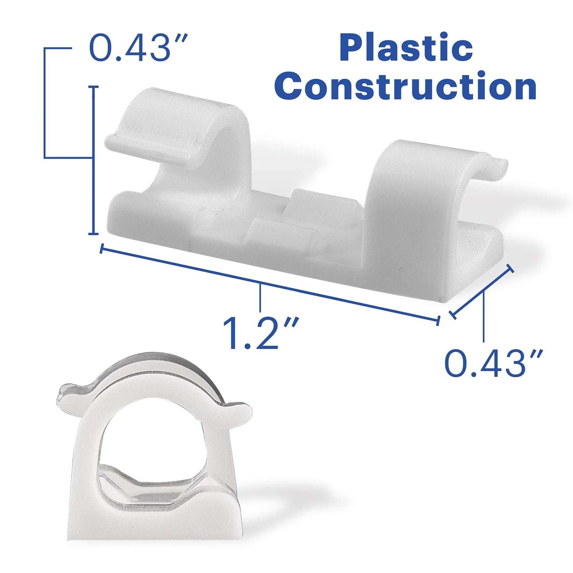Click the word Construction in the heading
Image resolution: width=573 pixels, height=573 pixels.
405,86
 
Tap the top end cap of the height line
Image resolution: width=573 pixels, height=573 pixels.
94,86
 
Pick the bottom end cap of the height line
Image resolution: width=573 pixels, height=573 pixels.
94,234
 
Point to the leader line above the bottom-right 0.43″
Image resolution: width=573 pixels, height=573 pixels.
483,317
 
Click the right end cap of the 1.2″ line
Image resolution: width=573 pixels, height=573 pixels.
438,320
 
